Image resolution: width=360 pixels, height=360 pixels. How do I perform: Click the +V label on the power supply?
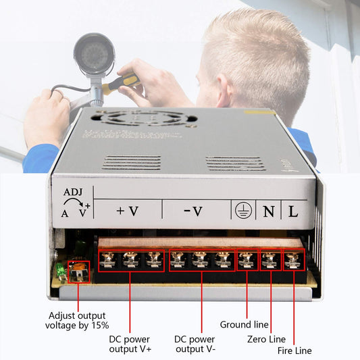click(127, 211)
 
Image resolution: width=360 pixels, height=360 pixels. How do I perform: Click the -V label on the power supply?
click(193, 211)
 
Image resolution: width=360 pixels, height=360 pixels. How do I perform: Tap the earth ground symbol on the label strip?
click(242, 211)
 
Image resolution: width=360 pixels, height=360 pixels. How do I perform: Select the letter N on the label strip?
click(268, 211)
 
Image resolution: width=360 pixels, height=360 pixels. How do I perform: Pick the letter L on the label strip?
click(293, 211)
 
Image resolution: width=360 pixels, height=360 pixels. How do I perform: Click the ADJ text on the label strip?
click(73, 191)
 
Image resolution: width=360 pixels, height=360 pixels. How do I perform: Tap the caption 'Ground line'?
click(244, 325)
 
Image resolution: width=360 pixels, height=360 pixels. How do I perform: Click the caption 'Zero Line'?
click(267, 338)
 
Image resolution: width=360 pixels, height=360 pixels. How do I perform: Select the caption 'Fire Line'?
click(294, 351)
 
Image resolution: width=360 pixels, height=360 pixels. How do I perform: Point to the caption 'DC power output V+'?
click(130, 343)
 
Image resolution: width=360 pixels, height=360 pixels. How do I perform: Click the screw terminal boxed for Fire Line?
click(293, 259)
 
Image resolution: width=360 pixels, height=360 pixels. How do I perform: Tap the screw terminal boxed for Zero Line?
click(270, 259)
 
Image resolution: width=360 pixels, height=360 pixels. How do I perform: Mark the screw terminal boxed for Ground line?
click(247, 259)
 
